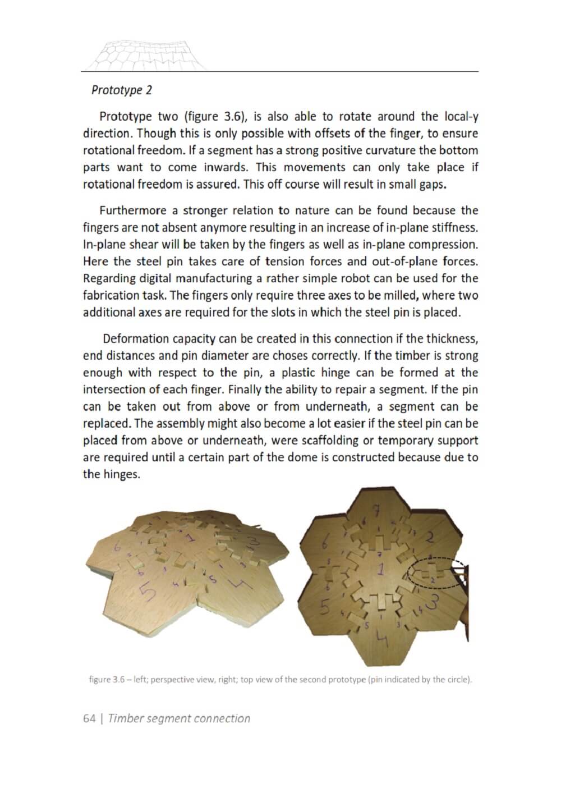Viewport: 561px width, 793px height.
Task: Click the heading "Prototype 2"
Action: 122,90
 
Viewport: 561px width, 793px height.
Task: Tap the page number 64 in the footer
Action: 89,718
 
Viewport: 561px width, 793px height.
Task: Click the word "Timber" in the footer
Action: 126,718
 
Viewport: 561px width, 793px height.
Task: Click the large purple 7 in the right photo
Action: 376,512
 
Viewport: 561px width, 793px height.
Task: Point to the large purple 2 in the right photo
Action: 430,538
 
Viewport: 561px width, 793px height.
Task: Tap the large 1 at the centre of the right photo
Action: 381,570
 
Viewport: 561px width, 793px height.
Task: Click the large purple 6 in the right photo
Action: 325,542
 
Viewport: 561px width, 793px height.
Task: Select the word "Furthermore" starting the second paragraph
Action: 132,210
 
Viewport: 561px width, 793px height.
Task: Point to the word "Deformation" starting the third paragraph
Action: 136,338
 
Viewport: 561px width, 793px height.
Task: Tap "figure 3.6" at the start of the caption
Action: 107,680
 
